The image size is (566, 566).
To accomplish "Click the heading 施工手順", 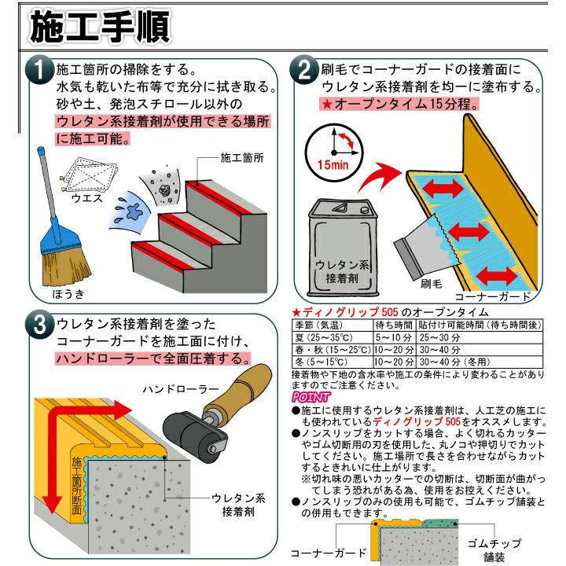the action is click(99, 27).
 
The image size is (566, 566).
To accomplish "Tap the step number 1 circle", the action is click(39, 70).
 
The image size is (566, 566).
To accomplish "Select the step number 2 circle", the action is click(304, 70).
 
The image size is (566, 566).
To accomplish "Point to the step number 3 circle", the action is click(39, 325).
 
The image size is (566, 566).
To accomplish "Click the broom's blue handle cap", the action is click(41, 150).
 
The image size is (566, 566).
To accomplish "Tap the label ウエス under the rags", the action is click(87, 198).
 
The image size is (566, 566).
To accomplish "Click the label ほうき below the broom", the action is click(68, 294).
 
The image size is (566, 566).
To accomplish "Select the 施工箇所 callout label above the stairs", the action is click(242, 158).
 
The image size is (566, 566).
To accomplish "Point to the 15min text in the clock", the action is click(333, 165).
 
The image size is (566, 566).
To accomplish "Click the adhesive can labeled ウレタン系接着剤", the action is click(342, 248).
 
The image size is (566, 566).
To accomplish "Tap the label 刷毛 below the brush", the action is click(431, 284).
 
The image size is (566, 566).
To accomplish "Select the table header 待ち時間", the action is click(394, 325).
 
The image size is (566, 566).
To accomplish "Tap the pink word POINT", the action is click(311, 397).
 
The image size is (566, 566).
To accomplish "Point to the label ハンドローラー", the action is click(181, 389).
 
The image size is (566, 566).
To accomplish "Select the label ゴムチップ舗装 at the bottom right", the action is click(494, 550).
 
